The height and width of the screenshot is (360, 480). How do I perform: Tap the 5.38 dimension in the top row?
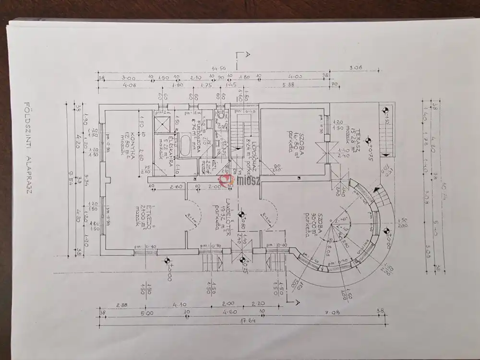click(x=288, y=84)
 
